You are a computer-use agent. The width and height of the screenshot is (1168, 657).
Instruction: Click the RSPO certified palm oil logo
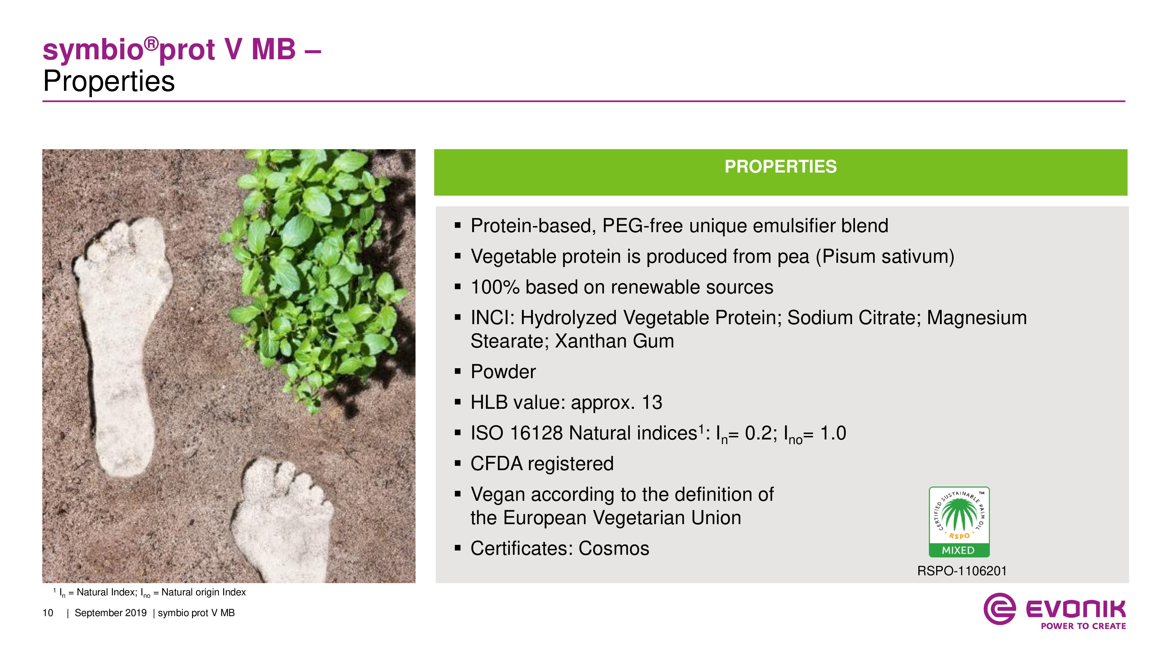point(959,522)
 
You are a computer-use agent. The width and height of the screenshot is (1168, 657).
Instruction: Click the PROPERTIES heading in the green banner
point(780,166)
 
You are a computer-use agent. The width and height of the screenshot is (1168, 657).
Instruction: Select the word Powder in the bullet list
point(503,372)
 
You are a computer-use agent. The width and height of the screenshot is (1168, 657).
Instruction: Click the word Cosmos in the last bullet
point(614,549)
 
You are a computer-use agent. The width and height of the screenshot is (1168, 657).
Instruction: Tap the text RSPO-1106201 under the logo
point(962,571)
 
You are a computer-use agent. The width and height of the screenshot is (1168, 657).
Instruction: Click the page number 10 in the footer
point(48,613)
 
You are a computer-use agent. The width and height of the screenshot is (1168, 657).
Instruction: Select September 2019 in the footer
point(111,613)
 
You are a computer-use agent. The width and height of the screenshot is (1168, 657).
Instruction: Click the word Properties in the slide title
point(109,82)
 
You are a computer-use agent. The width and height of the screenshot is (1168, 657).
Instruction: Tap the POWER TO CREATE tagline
point(1083,626)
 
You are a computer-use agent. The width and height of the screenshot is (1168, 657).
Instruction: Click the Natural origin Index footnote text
point(204,592)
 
